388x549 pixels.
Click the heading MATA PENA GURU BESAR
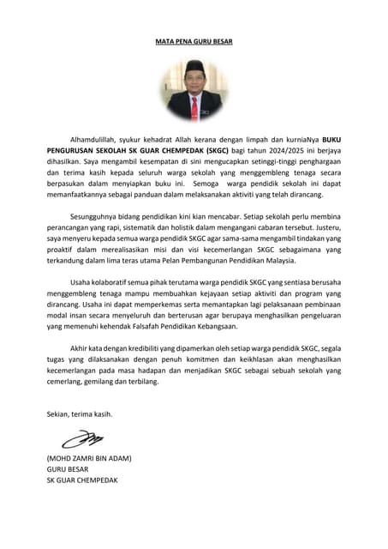click(194, 41)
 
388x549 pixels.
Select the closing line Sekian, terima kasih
click(80, 414)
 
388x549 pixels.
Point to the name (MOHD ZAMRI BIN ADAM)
click(89, 458)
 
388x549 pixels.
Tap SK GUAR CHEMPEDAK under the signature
click(83, 480)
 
